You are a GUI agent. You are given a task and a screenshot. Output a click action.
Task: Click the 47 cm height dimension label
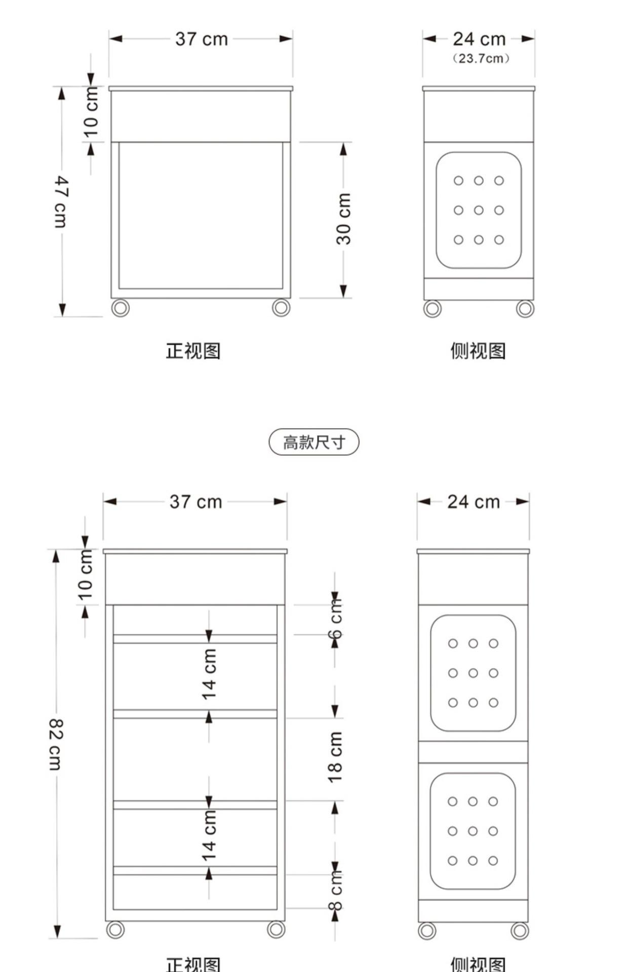click(61, 202)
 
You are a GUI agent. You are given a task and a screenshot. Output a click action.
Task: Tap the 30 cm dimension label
click(343, 219)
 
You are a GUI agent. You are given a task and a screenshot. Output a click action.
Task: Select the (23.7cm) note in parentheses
click(481, 59)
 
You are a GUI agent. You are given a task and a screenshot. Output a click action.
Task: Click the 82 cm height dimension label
click(55, 744)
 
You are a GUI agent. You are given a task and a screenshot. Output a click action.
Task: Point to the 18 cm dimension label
click(335, 757)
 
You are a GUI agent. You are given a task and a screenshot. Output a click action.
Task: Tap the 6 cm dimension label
click(335, 619)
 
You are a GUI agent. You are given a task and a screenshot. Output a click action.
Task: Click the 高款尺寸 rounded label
click(313, 442)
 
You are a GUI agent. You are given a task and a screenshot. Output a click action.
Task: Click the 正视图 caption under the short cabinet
click(193, 351)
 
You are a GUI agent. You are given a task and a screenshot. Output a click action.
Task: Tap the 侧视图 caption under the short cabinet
click(478, 351)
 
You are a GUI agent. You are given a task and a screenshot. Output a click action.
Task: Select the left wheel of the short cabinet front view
click(120, 308)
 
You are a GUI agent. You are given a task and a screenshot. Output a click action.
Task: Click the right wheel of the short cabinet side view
click(525, 308)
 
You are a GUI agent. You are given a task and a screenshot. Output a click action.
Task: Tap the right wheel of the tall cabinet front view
click(276, 929)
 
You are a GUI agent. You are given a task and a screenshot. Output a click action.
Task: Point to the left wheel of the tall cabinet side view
click(427, 930)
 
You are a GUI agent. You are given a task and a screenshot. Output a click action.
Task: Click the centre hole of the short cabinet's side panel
click(479, 210)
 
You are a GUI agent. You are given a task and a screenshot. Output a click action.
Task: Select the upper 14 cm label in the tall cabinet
click(209, 674)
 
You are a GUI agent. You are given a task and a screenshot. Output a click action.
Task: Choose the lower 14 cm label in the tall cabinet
click(209, 836)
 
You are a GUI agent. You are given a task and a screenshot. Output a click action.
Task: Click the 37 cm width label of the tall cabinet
click(195, 502)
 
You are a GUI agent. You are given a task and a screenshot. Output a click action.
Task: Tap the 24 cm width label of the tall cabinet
click(473, 502)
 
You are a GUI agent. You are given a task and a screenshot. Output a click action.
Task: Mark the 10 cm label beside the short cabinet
click(91, 112)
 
